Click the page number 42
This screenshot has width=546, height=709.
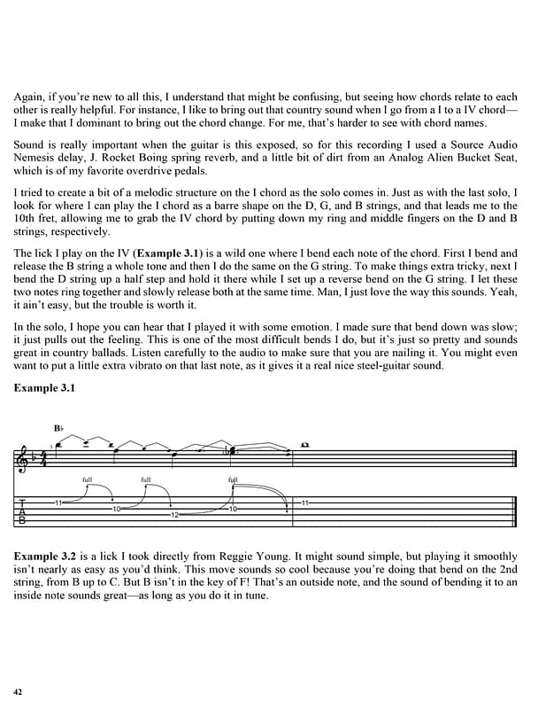18,690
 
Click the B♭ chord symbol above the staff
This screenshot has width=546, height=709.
58,428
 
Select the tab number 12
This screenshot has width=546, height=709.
174,515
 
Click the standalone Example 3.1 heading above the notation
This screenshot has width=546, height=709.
44,387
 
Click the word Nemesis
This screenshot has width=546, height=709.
36,157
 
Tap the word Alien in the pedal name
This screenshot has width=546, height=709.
426,157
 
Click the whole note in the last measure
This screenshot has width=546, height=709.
304,444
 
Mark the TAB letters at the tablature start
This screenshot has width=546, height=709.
21,511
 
